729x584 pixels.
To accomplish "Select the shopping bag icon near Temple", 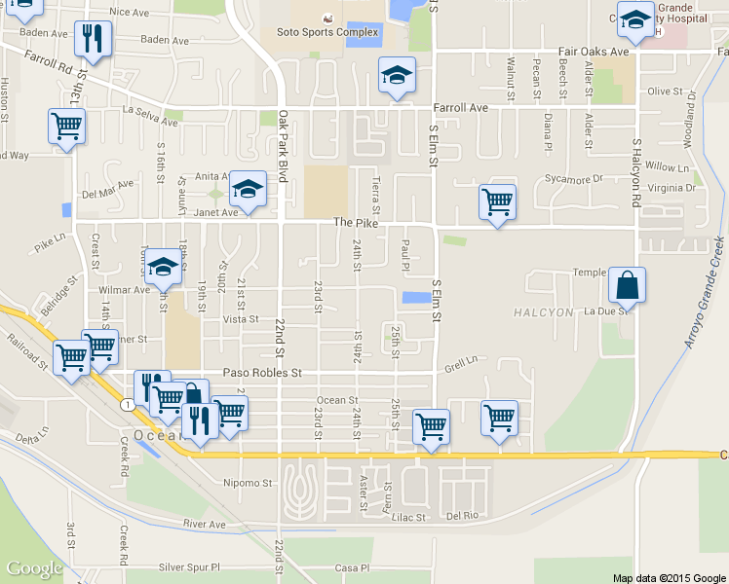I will pyautogui.click(x=628, y=285).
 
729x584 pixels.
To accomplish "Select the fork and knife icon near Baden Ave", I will pyautogui.click(x=95, y=38).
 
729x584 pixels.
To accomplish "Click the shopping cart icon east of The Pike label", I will pyautogui.click(x=497, y=202).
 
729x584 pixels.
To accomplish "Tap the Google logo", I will pyautogui.click(x=34, y=568).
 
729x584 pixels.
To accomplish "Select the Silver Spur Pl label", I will pyautogui.click(x=190, y=566).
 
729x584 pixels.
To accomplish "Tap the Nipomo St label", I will pyautogui.click(x=247, y=483).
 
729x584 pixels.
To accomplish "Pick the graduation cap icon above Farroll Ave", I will pyautogui.click(x=395, y=75).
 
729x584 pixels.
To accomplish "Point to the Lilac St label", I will pyautogui.click(x=408, y=518).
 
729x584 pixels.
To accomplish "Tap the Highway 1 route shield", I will pyautogui.click(x=127, y=403).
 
